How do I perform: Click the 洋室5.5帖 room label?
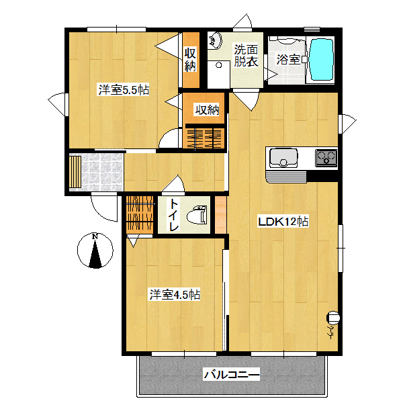point(124,90)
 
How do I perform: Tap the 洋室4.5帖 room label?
point(175,295)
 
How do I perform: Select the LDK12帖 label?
point(283,222)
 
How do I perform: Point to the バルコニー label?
point(231,375)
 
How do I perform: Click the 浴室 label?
point(288,59)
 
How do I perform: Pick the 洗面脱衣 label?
point(246,56)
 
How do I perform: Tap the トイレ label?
point(174,215)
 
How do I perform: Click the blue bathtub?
point(321,59)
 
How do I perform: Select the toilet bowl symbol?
point(197,215)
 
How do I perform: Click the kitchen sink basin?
point(283,158)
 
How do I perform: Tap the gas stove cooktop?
point(326,157)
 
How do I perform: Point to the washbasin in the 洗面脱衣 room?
point(214,40)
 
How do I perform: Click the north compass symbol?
point(95,251)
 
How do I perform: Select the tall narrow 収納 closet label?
point(191,59)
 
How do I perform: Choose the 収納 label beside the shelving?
point(207,110)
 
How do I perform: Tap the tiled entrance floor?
point(102,172)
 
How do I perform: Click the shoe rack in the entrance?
point(75,172)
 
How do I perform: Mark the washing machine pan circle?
point(219,65)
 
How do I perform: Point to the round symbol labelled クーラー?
point(333,318)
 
